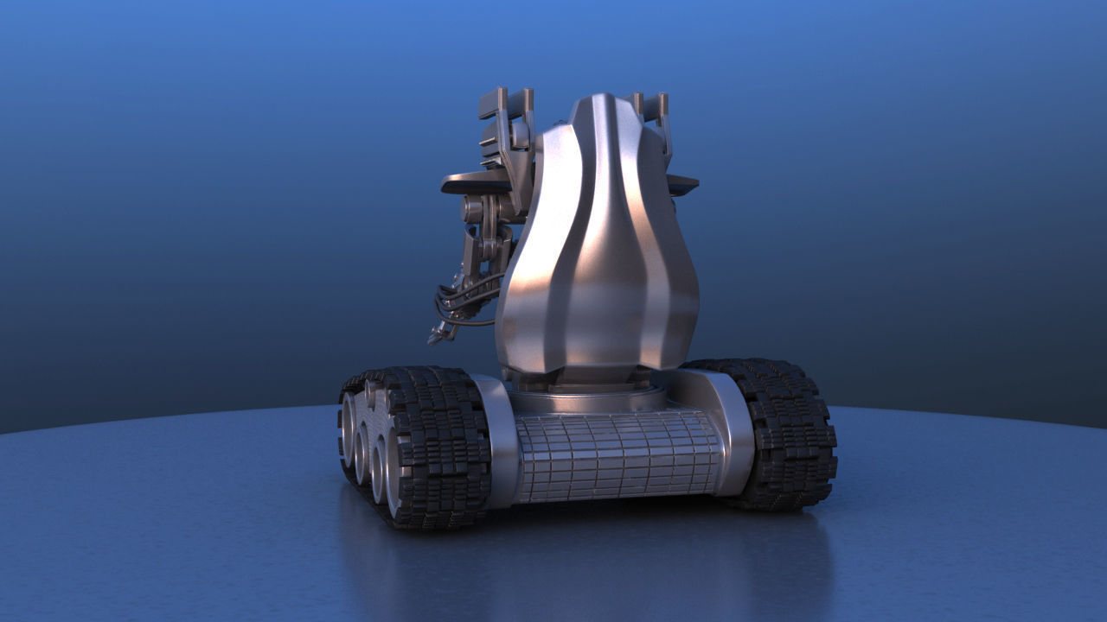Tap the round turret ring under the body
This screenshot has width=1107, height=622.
[588, 399]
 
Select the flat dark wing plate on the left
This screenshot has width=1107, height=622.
[476, 182]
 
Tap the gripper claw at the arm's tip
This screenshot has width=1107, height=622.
[439, 333]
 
